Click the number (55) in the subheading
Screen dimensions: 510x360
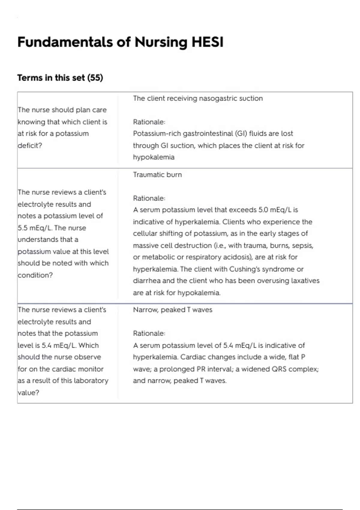[x=95, y=78]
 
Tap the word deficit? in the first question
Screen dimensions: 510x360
[x=30, y=145]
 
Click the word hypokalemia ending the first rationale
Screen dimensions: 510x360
[x=154, y=157]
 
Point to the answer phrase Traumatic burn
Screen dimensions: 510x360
[x=157, y=175]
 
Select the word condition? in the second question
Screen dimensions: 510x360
[x=35, y=275]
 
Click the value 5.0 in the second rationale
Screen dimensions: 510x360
[x=263, y=210]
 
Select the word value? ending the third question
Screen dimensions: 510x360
[x=28, y=393]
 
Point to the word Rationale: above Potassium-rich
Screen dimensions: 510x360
[x=149, y=122]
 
